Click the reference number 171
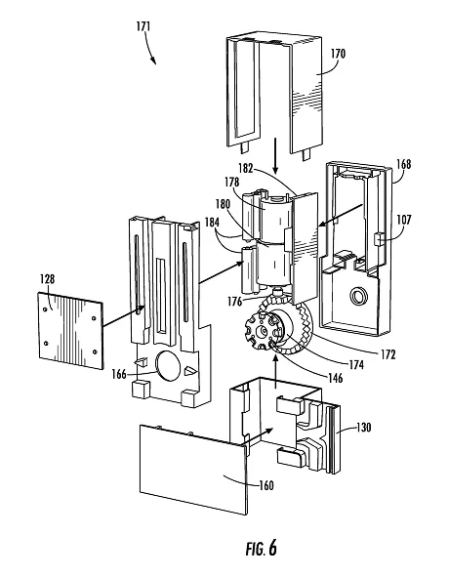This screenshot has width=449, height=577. pos(143,26)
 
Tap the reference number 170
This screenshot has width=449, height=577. pos(338,54)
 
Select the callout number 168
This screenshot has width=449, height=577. pos(403,164)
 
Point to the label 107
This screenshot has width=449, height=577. pos(403,220)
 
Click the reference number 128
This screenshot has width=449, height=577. pos(48,279)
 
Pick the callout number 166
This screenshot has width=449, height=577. pos(119,375)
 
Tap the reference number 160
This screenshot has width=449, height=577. pos(266,485)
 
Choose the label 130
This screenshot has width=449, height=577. pos(364,428)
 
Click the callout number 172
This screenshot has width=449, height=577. pos(388,354)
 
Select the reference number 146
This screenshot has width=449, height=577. pos(335,378)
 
